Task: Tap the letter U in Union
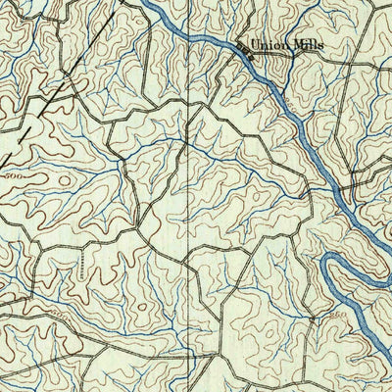click(253, 44)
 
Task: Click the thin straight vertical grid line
click(189, 196)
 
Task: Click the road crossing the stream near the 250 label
click(312, 318)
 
